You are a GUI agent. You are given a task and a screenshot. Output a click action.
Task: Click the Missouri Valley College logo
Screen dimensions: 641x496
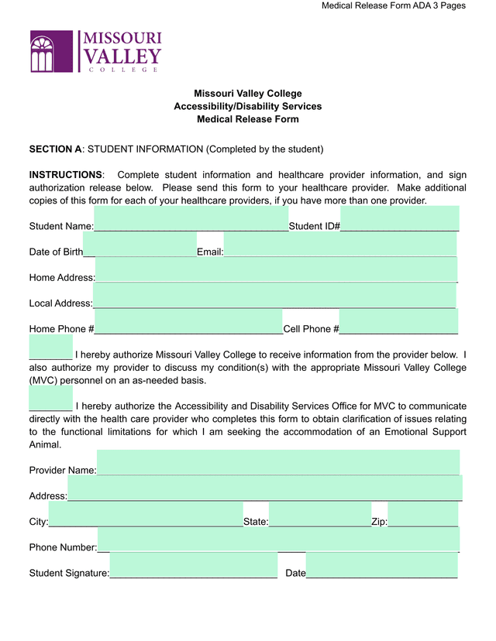[x=95, y=52]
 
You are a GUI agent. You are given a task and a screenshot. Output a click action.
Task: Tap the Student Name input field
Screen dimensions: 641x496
[x=191, y=219]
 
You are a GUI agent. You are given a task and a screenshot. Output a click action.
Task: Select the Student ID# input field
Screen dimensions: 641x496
[x=400, y=219]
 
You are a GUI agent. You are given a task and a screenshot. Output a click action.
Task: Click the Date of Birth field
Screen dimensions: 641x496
[x=139, y=245]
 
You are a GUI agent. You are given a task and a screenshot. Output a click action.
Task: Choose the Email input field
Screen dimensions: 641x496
[x=340, y=245]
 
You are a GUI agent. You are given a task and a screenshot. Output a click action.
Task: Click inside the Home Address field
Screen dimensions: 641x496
[x=277, y=270]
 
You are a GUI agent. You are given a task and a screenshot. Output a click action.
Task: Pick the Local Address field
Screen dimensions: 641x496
[x=274, y=296]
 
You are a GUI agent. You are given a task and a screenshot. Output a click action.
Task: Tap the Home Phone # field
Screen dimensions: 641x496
[x=188, y=321]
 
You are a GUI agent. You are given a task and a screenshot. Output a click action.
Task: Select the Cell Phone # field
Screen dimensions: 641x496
[x=398, y=321]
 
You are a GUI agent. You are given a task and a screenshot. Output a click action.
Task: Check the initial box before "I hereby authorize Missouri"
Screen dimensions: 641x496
[x=50, y=348]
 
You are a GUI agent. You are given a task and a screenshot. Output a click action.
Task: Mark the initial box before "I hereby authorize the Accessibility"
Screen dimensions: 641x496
[x=50, y=399]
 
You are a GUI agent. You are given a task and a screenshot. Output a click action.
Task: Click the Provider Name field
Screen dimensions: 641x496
[x=278, y=463]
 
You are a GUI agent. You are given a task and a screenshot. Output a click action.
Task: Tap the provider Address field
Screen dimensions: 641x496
[x=265, y=488]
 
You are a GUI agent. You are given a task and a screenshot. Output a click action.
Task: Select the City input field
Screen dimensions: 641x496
[x=146, y=515]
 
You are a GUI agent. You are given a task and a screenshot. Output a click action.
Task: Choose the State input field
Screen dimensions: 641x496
[x=320, y=515]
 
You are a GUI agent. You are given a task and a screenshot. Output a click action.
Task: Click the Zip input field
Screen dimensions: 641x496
[x=423, y=515]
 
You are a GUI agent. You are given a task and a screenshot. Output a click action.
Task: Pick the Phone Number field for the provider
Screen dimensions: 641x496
[x=278, y=540]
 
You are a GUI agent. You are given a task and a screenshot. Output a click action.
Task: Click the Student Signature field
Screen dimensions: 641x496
[x=194, y=566]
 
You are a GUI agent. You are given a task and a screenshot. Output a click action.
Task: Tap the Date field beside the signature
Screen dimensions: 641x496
[x=381, y=566]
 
